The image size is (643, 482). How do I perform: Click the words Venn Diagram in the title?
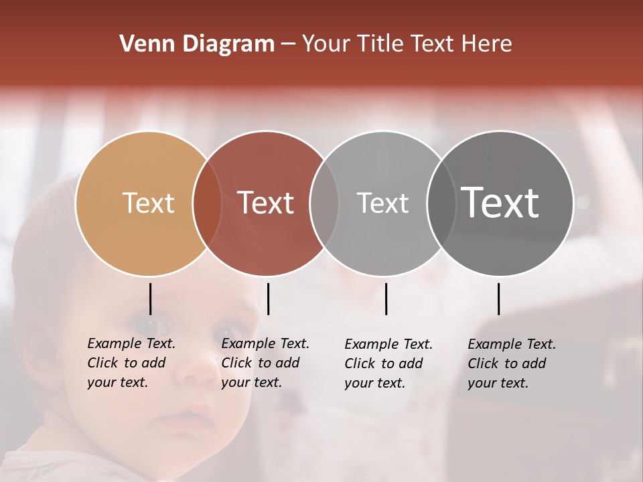click(x=197, y=44)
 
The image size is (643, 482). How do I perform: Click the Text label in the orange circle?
click(x=148, y=203)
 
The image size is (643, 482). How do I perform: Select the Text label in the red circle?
click(x=266, y=203)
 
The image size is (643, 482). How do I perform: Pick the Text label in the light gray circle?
click(x=382, y=203)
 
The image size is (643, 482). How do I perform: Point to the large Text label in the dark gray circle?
click(x=500, y=203)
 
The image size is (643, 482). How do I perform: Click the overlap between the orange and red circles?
click(x=207, y=203)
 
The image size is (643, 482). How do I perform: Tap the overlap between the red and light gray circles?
click(x=324, y=203)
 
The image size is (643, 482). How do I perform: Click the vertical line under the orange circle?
click(x=150, y=299)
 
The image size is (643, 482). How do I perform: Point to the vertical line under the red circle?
click(x=268, y=299)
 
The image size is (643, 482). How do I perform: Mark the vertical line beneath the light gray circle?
click(x=386, y=299)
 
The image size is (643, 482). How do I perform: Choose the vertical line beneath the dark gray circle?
click(x=498, y=299)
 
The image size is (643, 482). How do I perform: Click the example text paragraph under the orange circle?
click(x=131, y=363)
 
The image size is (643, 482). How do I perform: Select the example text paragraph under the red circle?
click(x=265, y=363)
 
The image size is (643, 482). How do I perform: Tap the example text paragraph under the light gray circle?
click(x=388, y=364)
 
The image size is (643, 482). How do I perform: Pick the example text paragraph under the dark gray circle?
click(x=512, y=364)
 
